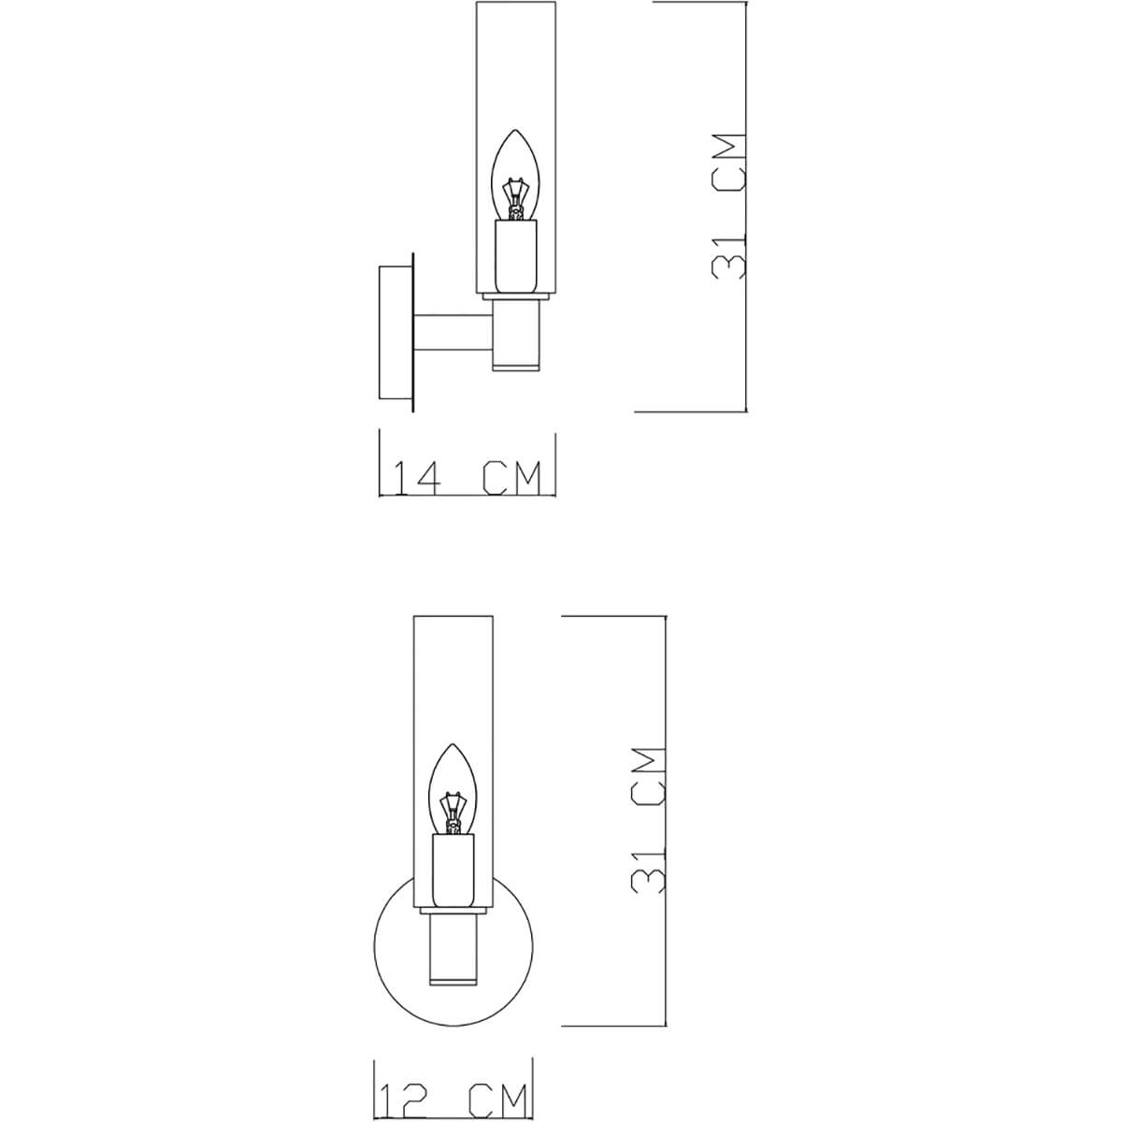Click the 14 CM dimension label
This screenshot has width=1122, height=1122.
point(467,478)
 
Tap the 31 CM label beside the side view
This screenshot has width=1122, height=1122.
point(728,206)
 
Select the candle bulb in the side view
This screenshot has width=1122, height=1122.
point(514,173)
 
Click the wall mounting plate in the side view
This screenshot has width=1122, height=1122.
point(395,335)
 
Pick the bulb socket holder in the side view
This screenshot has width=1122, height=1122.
point(515,254)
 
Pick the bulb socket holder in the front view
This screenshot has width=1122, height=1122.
point(453,870)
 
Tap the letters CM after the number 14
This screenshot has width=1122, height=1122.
point(511,478)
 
